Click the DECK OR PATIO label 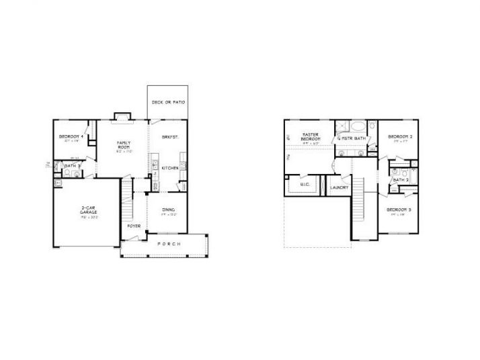[x=168, y=103]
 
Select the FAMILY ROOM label [x=123, y=144]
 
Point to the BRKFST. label [x=169, y=137]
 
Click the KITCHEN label [x=169, y=168]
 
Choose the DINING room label [x=169, y=210]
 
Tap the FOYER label [x=134, y=226]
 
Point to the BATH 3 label [x=72, y=165]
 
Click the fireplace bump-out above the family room [x=122, y=116]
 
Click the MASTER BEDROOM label [x=310, y=137]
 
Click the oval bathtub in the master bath [x=358, y=126]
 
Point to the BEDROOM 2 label [x=401, y=137]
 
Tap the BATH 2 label [x=401, y=180]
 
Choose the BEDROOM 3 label [x=401, y=210]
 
